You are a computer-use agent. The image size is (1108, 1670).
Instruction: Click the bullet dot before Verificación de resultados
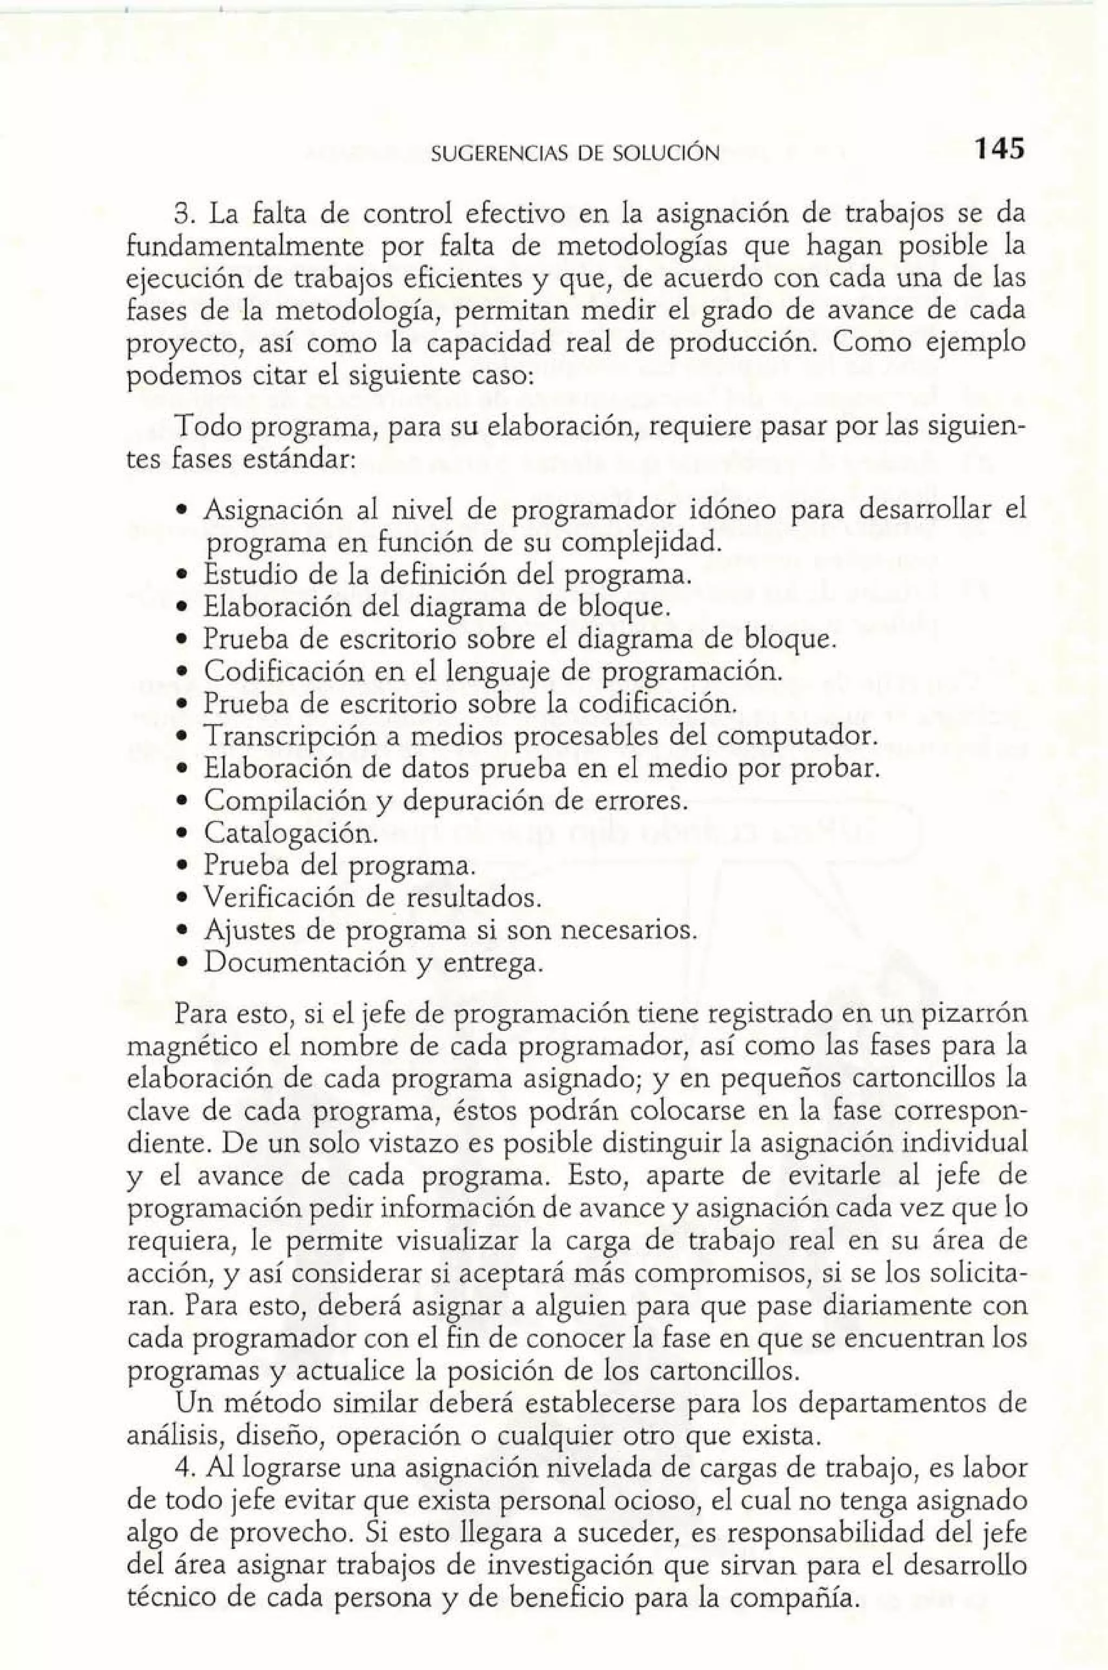[182, 899]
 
